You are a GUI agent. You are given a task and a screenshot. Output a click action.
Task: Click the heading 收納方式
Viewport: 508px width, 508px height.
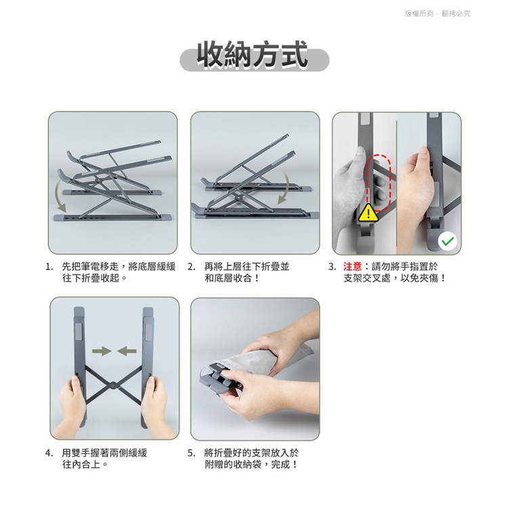[x=253, y=54]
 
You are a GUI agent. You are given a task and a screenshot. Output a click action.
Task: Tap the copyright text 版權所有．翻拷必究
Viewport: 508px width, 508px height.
[x=438, y=14]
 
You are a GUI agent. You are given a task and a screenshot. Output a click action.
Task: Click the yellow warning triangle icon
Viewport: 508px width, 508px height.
[x=368, y=213]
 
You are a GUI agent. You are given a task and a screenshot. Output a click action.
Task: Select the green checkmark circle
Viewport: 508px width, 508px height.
[x=448, y=241]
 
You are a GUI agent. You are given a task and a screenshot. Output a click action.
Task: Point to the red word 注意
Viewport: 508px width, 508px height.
[x=352, y=267]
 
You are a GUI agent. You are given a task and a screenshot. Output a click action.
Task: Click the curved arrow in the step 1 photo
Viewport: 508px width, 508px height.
[x=60, y=196]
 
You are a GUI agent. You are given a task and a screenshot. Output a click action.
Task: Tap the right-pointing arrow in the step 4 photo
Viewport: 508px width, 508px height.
[x=102, y=351]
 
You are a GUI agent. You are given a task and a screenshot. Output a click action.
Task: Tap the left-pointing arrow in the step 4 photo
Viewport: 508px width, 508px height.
[x=127, y=351]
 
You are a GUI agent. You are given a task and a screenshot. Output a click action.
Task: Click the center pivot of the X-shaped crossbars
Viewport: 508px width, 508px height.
[x=113, y=385]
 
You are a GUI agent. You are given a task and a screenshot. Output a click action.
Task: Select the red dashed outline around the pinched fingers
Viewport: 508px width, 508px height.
[x=378, y=184]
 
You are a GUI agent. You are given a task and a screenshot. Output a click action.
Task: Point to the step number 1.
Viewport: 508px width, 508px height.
[x=49, y=267]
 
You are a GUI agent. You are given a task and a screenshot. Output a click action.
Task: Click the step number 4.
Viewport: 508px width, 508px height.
[x=49, y=453]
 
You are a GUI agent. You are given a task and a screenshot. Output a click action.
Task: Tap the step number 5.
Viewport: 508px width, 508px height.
[x=191, y=453]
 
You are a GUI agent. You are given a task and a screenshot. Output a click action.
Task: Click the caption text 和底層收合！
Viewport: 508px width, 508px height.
[x=232, y=278]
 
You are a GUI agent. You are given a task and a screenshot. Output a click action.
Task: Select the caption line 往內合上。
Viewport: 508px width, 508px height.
[x=85, y=465]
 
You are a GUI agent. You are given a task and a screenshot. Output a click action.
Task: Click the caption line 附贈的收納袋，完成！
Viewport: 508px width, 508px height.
[x=251, y=465]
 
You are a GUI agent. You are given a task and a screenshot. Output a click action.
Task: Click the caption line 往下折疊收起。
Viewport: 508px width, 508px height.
[x=95, y=278]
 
